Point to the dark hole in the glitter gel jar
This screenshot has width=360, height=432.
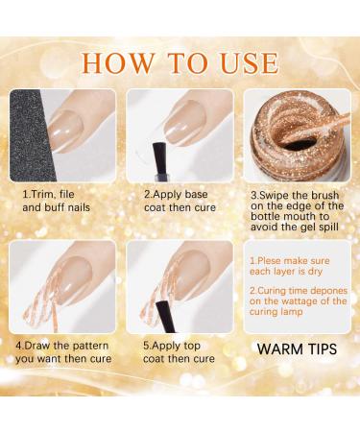click(x=300, y=144)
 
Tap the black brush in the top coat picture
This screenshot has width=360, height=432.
click(x=166, y=317)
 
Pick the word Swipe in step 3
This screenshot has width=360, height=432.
click(x=275, y=196)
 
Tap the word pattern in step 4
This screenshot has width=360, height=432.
click(x=90, y=346)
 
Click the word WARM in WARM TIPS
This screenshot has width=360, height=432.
click(x=278, y=348)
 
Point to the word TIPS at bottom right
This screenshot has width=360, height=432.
click(x=320, y=348)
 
